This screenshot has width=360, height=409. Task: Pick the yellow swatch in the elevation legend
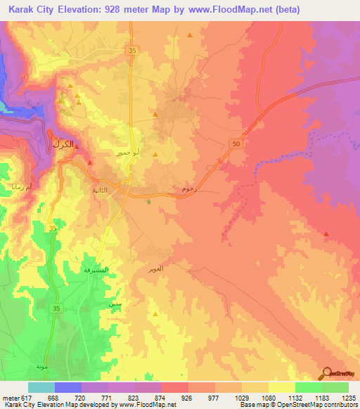(281, 387)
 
